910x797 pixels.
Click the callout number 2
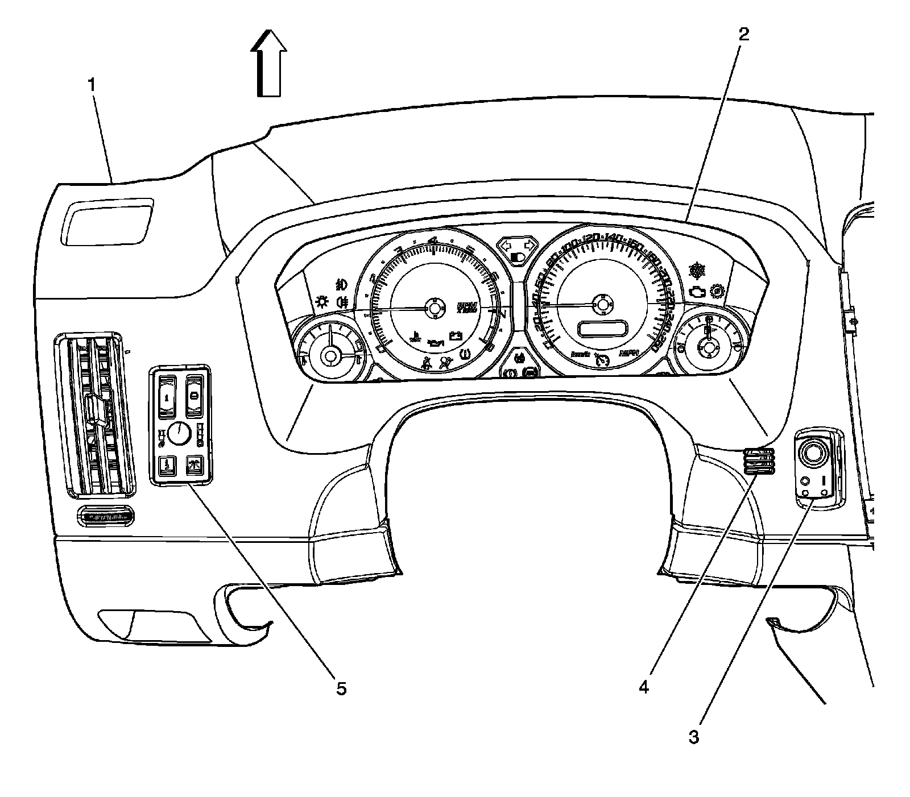pyautogui.click(x=744, y=35)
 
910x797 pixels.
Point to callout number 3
pyautogui.click(x=693, y=738)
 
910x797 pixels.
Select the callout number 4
pyautogui.click(x=643, y=687)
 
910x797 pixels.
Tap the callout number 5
pyautogui.click(x=341, y=688)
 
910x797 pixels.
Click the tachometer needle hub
pyautogui.click(x=435, y=308)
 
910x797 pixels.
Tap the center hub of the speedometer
pyautogui.click(x=601, y=304)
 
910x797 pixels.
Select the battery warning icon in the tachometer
pyautogui.click(x=456, y=336)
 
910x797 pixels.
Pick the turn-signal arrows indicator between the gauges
pyautogui.click(x=517, y=245)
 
